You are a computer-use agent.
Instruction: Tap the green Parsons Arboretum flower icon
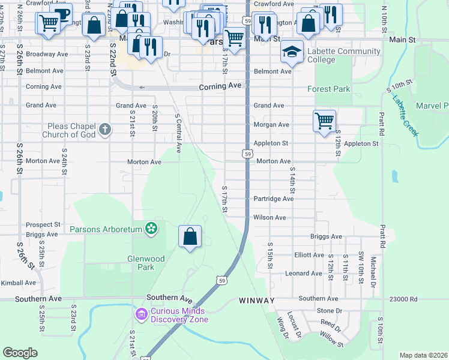click(x=151, y=229)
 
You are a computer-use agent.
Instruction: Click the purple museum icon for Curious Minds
click(x=141, y=313)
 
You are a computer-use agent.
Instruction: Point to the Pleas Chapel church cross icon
click(x=104, y=129)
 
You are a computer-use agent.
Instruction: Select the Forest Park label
click(x=328, y=89)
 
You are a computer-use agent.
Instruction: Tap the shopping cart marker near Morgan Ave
click(x=324, y=121)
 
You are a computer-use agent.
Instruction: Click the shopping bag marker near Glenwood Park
click(x=190, y=236)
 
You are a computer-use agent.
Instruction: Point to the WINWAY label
click(x=256, y=300)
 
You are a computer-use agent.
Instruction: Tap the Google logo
click(x=20, y=353)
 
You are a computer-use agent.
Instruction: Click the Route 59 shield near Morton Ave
click(x=247, y=154)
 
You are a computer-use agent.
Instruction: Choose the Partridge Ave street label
click(x=273, y=199)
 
